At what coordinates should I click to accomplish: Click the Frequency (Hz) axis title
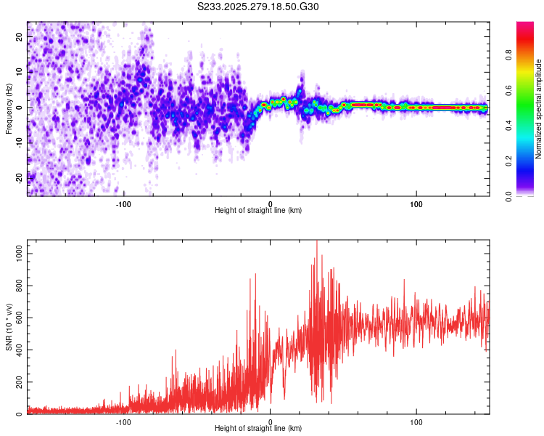pos(9,108)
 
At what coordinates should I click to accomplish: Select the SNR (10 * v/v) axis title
pos(9,327)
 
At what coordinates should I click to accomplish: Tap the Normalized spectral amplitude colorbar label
pos(539,109)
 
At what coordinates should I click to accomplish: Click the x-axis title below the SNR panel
pos(258,429)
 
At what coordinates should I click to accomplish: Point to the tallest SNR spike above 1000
pos(316,242)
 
